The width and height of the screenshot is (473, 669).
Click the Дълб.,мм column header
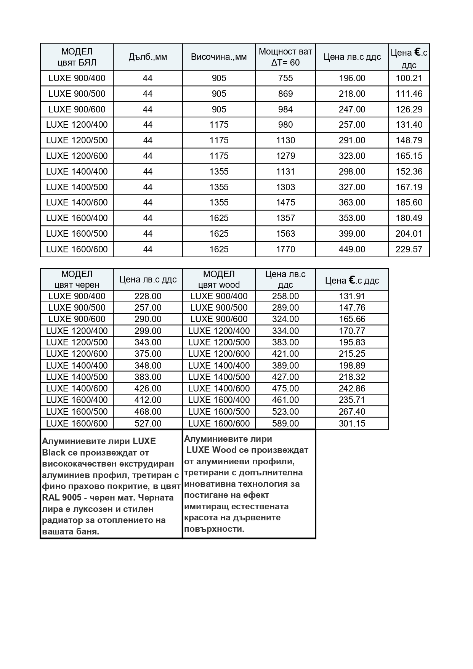pos(148,57)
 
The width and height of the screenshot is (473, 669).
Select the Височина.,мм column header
pos(219,57)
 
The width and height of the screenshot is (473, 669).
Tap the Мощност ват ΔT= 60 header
pos(285,57)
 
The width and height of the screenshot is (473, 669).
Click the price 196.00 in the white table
pos(352,78)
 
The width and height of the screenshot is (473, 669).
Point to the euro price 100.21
pos(409,78)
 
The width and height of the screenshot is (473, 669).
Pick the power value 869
pos(285,94)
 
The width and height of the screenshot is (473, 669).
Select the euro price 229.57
pos(409,249)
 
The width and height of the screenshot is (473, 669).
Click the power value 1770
pos(285,249)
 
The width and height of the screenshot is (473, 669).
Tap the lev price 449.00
pos(352,249)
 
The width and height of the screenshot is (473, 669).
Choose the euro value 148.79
pos(409,140)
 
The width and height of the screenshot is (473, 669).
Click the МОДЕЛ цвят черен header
pos(77,279)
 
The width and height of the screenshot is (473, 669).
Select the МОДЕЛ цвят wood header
pos(219,279)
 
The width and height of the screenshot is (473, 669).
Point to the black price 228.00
pos(148,296)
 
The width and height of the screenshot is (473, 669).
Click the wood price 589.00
pos(285,424)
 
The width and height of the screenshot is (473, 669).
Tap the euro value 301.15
pos(352,424)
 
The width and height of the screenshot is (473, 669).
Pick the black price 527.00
pos(148,424)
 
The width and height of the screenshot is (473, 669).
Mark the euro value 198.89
pos(352,366)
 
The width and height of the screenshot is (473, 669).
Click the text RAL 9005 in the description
pos(61,498)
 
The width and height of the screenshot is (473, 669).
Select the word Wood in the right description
pos(224,450)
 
